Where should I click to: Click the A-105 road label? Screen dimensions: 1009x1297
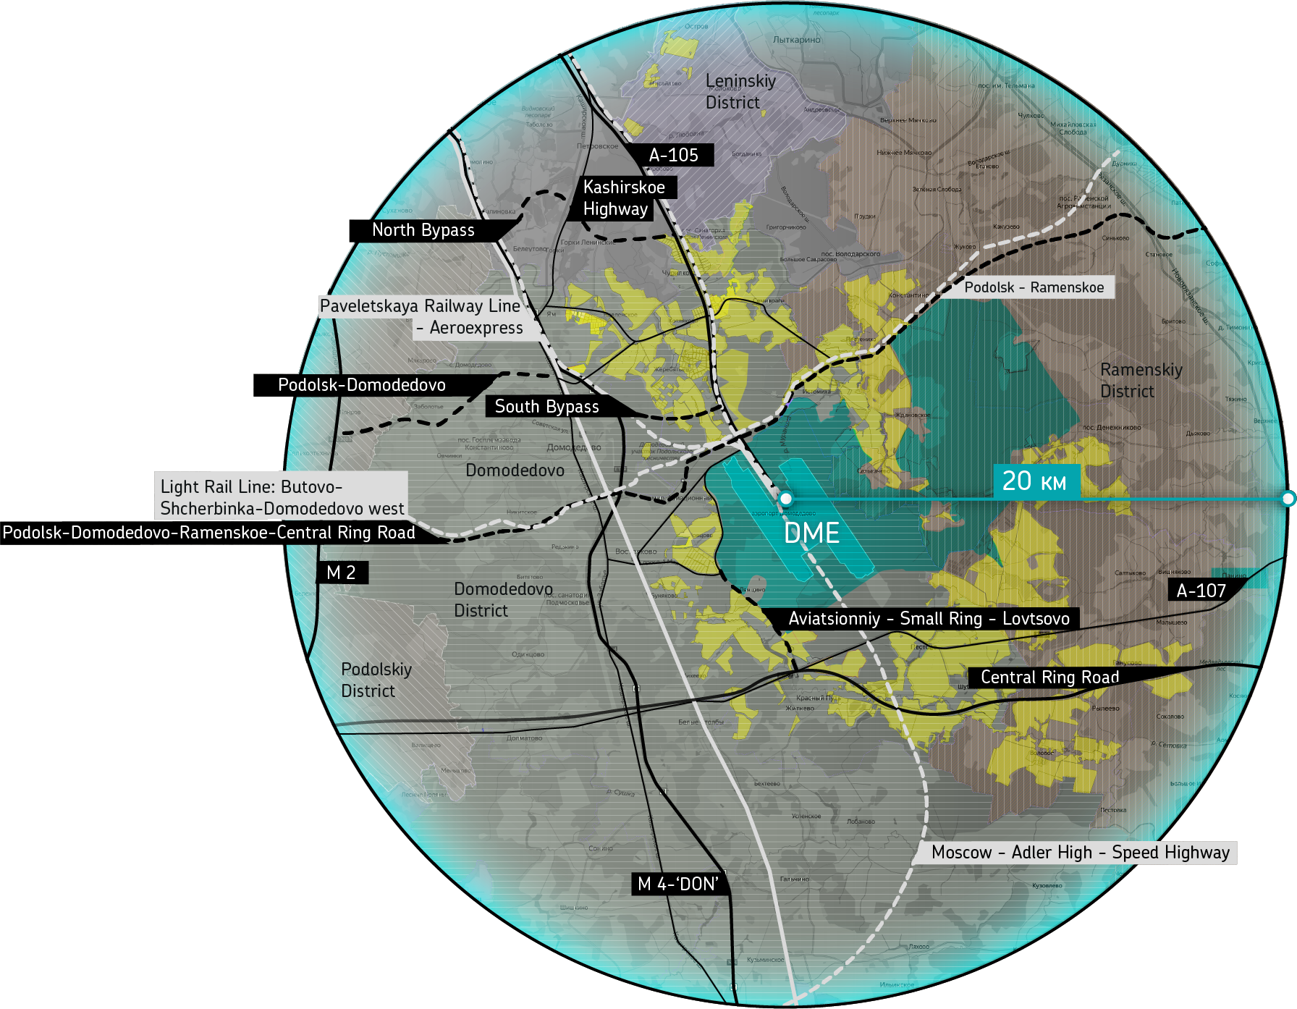point(673,155)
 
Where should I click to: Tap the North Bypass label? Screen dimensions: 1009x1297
point(423,230)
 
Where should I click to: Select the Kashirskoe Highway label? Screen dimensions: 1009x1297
point(624,198)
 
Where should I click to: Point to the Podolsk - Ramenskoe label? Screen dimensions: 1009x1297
point(1034,287)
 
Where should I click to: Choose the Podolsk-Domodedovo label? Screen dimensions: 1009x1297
point(362,385)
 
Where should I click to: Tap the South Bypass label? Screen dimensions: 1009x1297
point(546,407)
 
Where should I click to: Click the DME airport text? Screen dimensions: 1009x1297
point(811,533)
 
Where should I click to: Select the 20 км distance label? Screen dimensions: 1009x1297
point(1034,481)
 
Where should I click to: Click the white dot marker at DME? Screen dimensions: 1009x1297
point(785,499)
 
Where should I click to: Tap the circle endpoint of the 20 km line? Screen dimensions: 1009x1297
point(1288,499)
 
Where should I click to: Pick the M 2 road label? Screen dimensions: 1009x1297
point(341,573)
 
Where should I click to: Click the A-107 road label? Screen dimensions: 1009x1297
point(1201,591)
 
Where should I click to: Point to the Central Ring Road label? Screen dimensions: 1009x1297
point(1049,677)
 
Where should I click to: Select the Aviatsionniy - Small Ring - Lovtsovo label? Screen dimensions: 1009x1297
point(929,619)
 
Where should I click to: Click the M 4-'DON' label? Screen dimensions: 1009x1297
point(678,884)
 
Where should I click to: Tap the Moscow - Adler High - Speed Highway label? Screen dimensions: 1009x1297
point(1080,853)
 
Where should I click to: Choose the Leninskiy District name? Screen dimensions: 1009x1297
point(740,92)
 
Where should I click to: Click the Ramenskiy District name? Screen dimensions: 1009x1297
point(1141,381)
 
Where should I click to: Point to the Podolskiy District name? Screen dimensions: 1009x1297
point(376,680)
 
